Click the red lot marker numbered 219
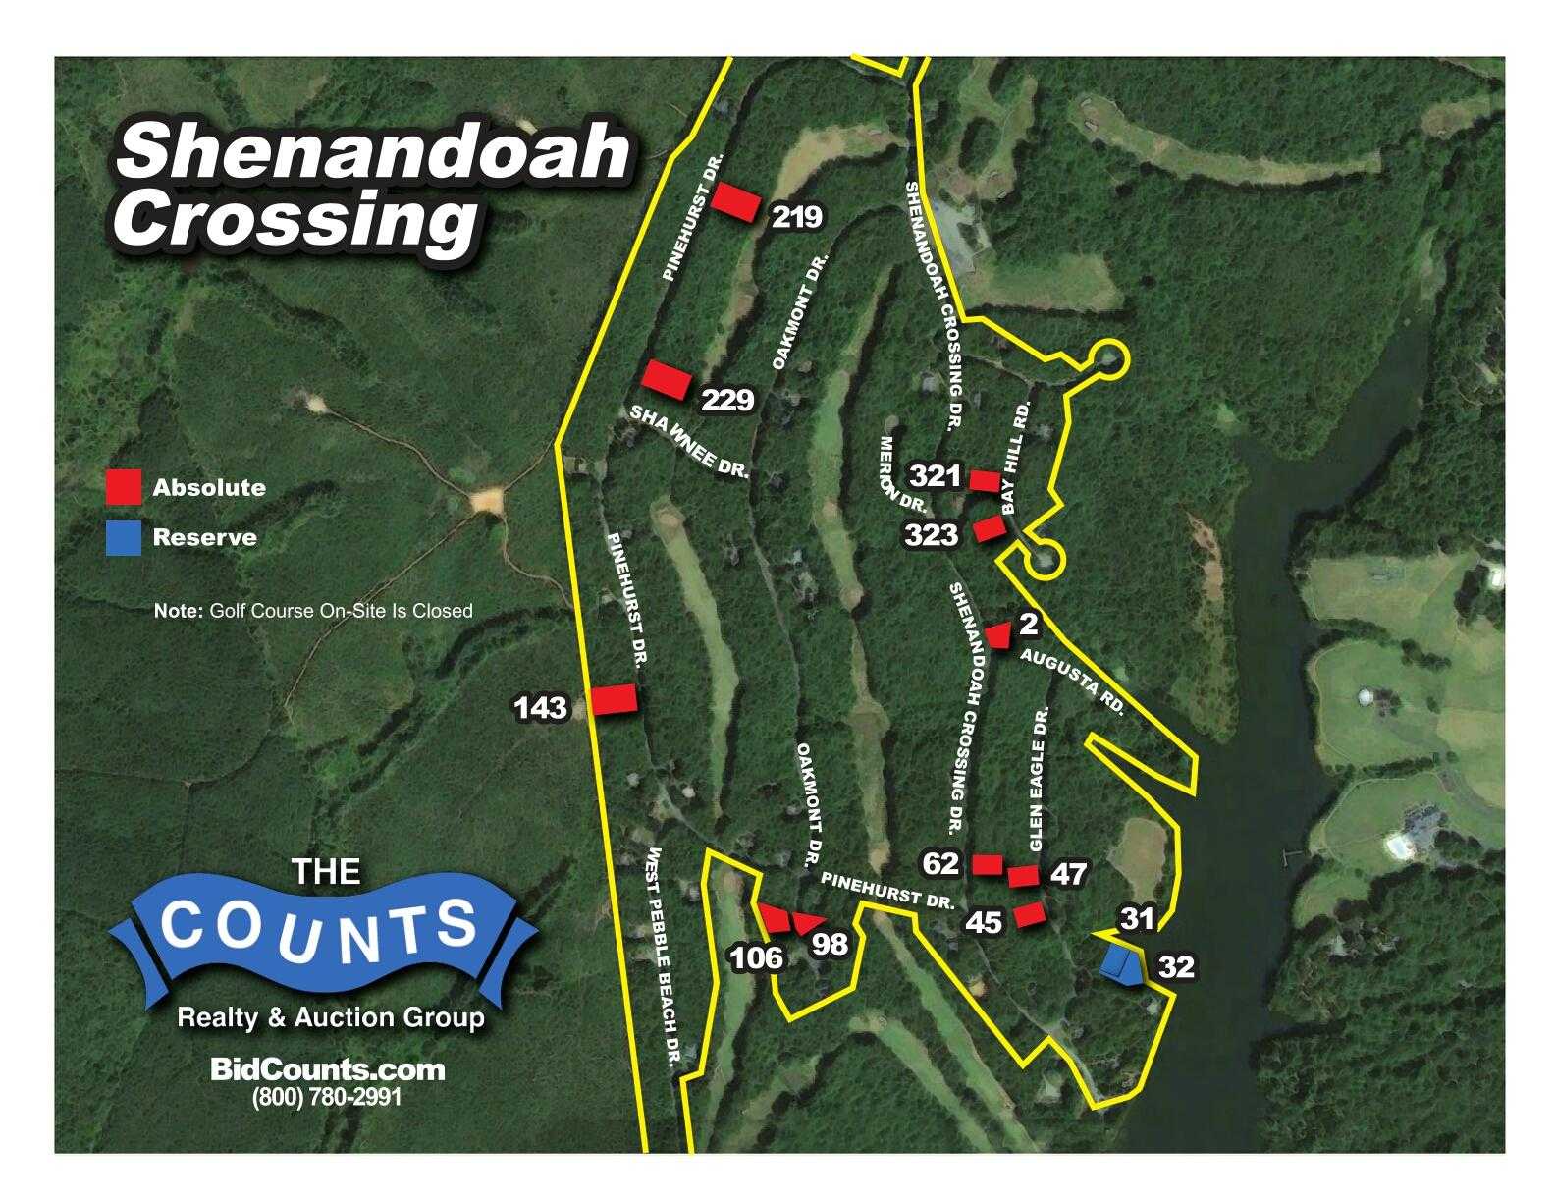735,201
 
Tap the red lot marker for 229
667,379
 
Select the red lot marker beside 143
614,699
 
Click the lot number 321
935,476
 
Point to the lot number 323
931,535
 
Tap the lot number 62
940,863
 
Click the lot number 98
830,944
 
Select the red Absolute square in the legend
124,487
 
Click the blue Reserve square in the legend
124,537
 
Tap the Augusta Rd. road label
1071,681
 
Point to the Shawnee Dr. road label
688,442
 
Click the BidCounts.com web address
328,1069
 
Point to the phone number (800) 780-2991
328,1096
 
